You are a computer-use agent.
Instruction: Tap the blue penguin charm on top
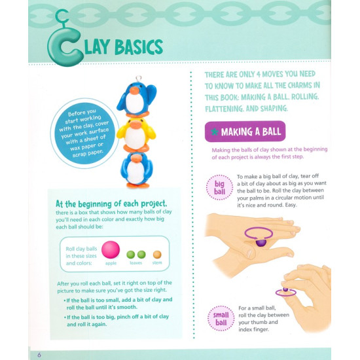[136, 97]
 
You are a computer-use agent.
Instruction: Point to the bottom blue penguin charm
[136, 169]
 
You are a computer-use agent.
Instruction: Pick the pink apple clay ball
[111, 249]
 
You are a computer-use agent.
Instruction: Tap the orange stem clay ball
[157, 254]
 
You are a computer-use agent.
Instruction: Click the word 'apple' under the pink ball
[111, 262]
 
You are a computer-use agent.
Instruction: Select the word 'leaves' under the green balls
[136, 262]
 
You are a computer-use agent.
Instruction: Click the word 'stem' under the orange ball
[157, 262]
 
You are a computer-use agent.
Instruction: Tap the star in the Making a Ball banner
[213, 132]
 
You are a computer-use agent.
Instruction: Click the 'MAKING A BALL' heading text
[251, 132]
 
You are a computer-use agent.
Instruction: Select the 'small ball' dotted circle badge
[219, 319]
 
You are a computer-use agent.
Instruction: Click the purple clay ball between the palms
[261, 242]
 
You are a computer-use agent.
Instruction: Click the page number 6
[39, 354]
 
